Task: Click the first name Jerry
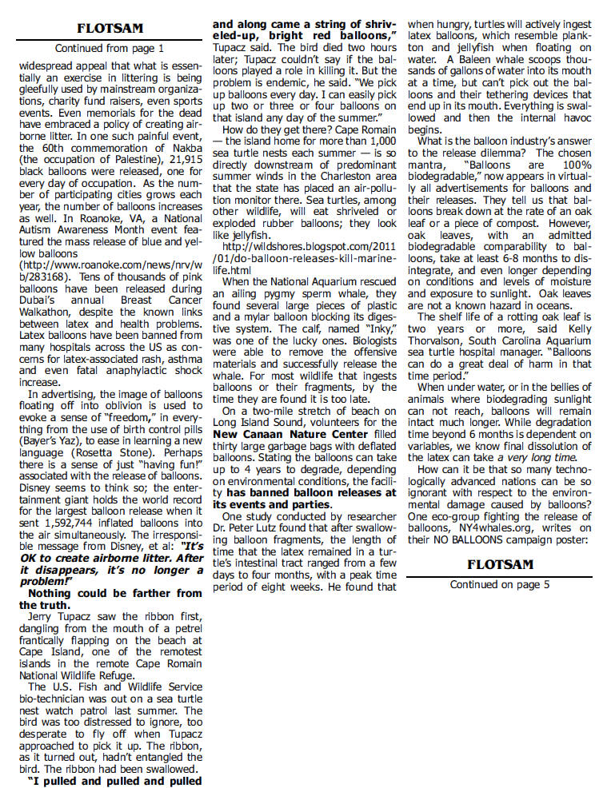[x=41, y=618]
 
